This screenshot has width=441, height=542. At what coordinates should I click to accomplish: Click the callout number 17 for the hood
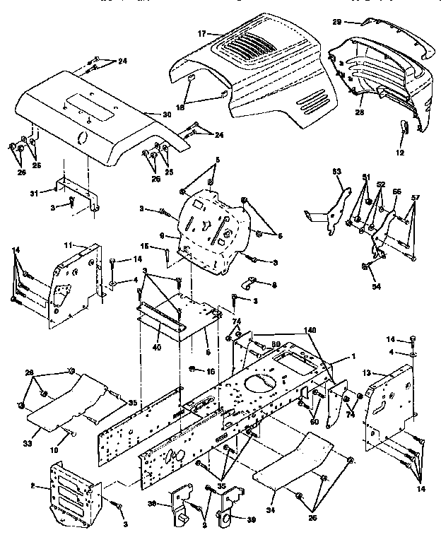[201, 33]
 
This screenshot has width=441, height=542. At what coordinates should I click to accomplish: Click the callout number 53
[336, 171]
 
